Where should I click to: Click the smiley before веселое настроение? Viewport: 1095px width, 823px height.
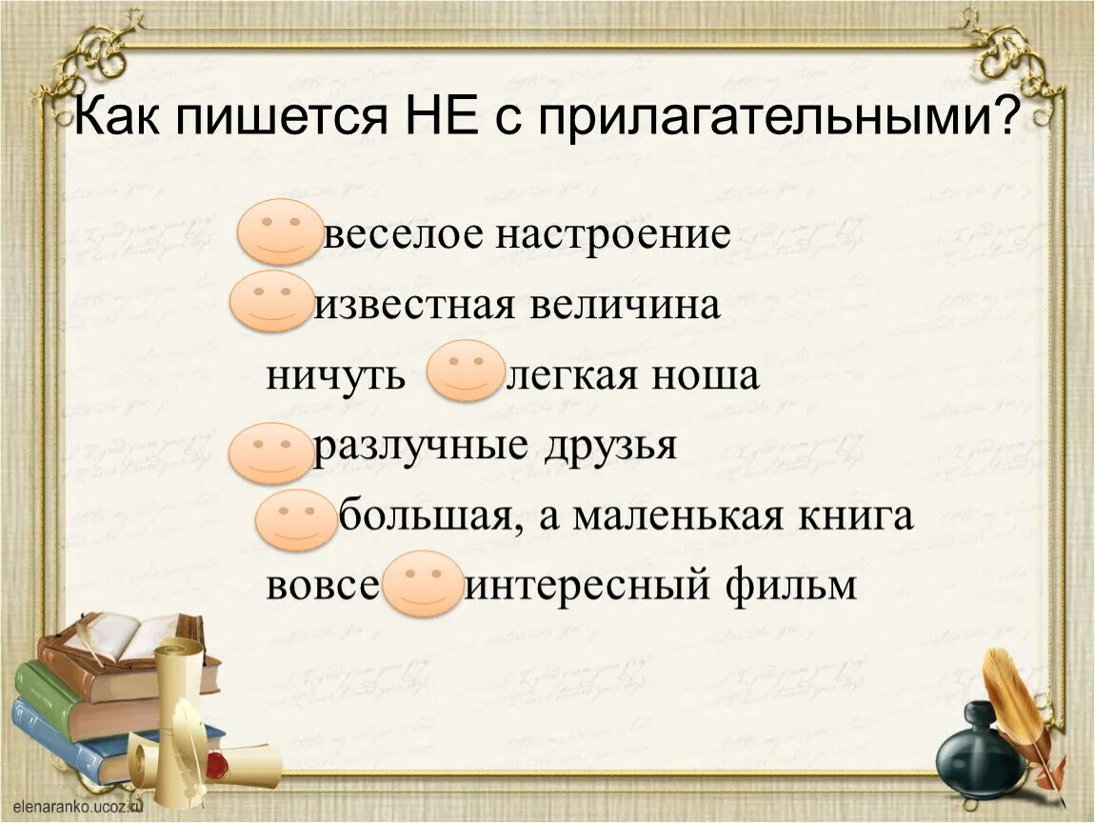[x=280, y=231]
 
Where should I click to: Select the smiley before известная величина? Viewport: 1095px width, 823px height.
[x=270, y=301]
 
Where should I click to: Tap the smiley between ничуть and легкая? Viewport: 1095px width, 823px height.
[x=466, y=371]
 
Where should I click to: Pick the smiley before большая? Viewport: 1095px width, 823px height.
[x=296, y=521]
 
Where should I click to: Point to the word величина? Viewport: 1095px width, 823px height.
[x=624, y=306]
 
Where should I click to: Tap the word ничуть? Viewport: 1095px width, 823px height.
[x=336, y=376]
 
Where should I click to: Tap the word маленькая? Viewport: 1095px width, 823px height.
[x=686, y=516]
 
